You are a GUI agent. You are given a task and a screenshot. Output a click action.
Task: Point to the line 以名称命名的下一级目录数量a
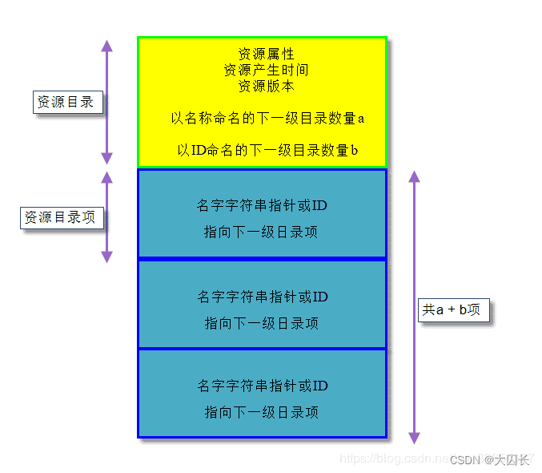[x=267, y=118]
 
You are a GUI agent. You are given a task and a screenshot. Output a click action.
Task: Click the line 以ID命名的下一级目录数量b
[x=267, y=150]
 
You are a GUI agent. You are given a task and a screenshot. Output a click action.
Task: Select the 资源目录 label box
[x=66, y=102]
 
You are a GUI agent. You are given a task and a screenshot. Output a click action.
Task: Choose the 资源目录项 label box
[x=61, y=217]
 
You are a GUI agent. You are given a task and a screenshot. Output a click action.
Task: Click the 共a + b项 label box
[x=452, y=309]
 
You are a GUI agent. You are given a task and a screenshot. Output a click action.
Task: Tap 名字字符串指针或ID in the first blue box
[x=262, y=206]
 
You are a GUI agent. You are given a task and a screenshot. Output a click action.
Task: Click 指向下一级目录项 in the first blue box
[x=262, y=232]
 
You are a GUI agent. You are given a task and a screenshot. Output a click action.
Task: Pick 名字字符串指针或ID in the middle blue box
[x=263, y=297]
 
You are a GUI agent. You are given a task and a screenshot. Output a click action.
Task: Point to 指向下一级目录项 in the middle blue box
[x=262, y=323]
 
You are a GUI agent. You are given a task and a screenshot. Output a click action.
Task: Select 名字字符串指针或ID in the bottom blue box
[x=263, y=386]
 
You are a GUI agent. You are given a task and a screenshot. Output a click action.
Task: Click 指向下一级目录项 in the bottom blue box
[x=262, y=412]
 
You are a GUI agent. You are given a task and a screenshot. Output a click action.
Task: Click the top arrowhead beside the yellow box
[x=106, y=45]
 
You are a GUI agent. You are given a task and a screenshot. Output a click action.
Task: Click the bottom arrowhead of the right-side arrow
[x=414, y=438]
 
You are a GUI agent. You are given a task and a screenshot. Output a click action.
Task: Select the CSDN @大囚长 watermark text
[x=489, y=460]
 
